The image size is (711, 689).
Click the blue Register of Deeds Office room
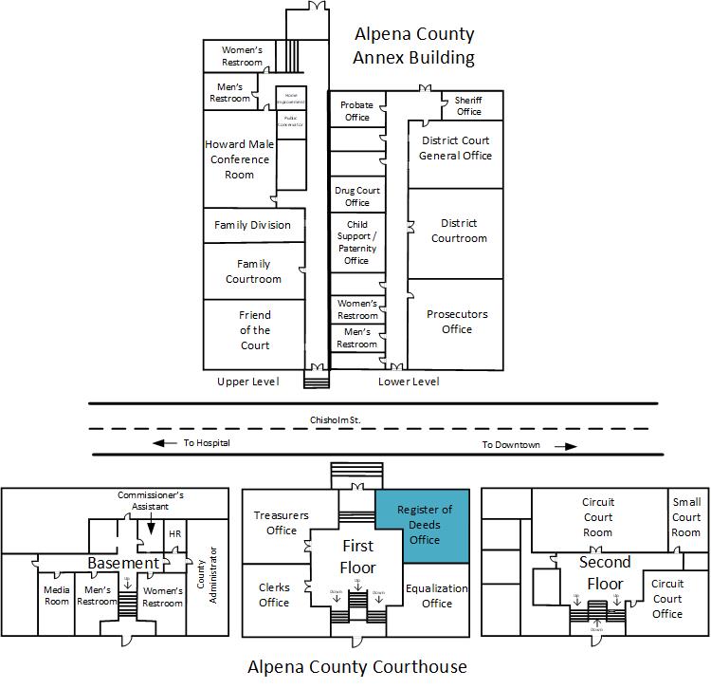click(x=422, y=524)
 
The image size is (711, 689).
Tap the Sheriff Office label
click(x=468, y=105)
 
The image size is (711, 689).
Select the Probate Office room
click(x=356, y=111)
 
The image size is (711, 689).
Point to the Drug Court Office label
click(x=357, y=196)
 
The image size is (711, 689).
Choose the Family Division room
click(x=252, y=225)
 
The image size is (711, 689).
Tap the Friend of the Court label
click(x=254, y=330)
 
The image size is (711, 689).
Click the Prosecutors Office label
click(x=456, y=322)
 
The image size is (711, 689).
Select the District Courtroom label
click(x=459, y=231)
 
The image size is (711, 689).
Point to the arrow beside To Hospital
click(x=165, y=443)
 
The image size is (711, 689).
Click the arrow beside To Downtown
click(x=566, y=445)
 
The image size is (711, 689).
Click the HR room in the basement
click(x=174, y=534)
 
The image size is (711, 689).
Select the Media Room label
click(x=57, y=596)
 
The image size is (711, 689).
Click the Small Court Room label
click(x=685, y=517)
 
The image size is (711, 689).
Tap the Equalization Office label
click(x=436, y=595)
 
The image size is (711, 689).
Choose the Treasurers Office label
click(x=282, y=523)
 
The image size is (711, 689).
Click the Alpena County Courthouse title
click(x=356, y=666)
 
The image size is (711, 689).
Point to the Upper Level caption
click(x=247, y=382)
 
